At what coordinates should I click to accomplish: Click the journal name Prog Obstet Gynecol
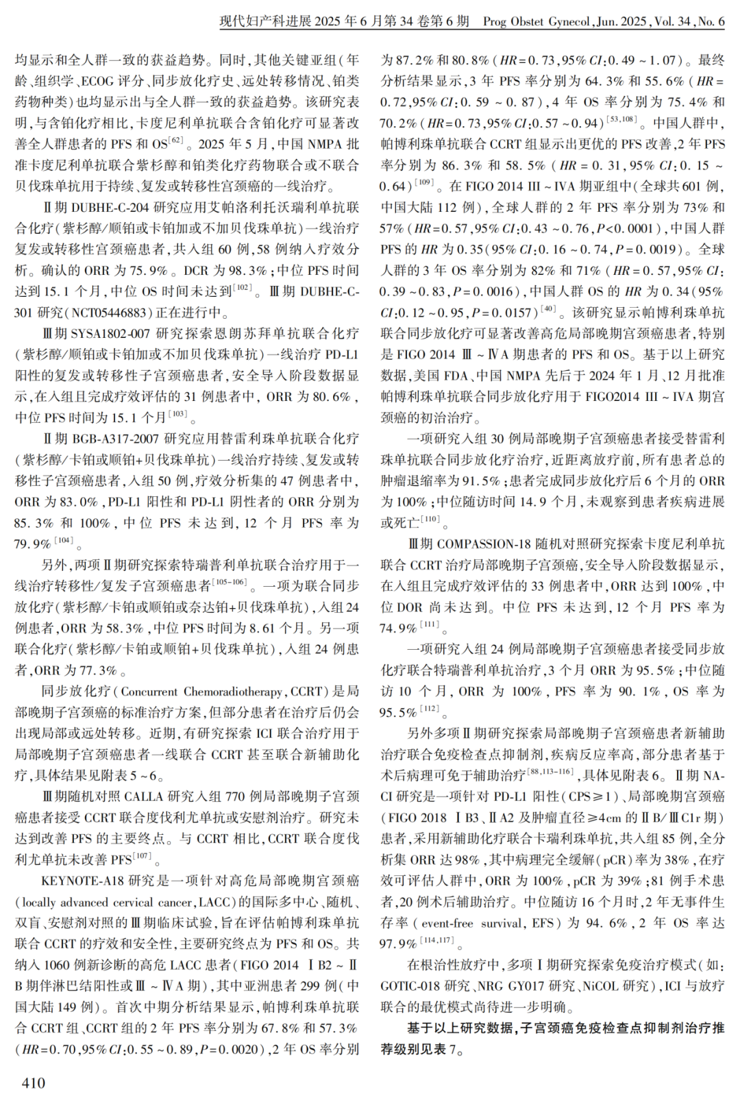tap(536, 21)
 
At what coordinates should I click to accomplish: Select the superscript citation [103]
tap(178, 413)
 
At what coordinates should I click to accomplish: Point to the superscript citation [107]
tap(143, 855)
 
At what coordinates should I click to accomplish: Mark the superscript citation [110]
tap(430, 519)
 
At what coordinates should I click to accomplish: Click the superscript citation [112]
tap(429, 708)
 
